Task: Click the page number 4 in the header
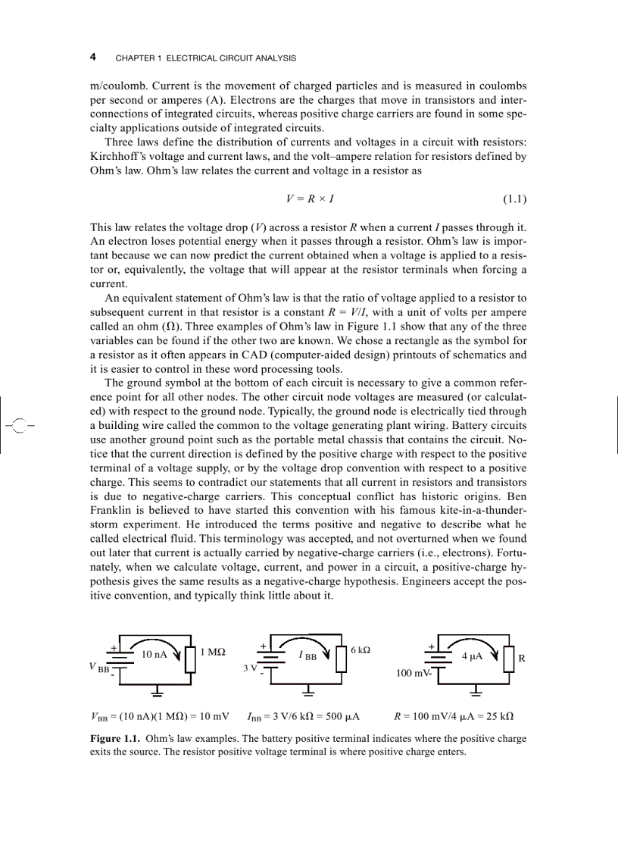(x=92, y=58)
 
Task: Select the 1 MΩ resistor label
(x=213, y=652)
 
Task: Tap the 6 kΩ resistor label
(x=360, y=650)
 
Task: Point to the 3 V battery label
(x=250, y=668)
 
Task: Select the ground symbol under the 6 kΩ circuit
(x=309, y=690)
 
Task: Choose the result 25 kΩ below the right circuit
(x=497, y=715)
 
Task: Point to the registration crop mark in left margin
(x=20, y=424)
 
